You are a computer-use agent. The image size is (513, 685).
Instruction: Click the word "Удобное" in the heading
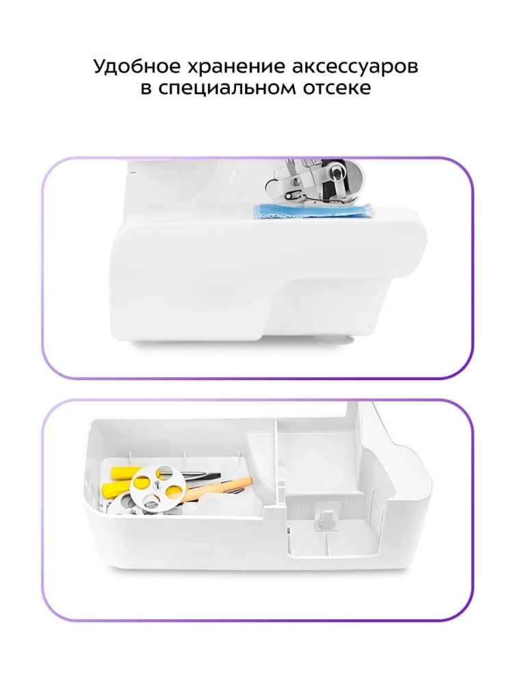coord(137,67)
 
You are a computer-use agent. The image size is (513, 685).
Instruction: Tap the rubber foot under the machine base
coord(335,340)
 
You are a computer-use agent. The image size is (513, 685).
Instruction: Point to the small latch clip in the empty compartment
coord(324,520)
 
